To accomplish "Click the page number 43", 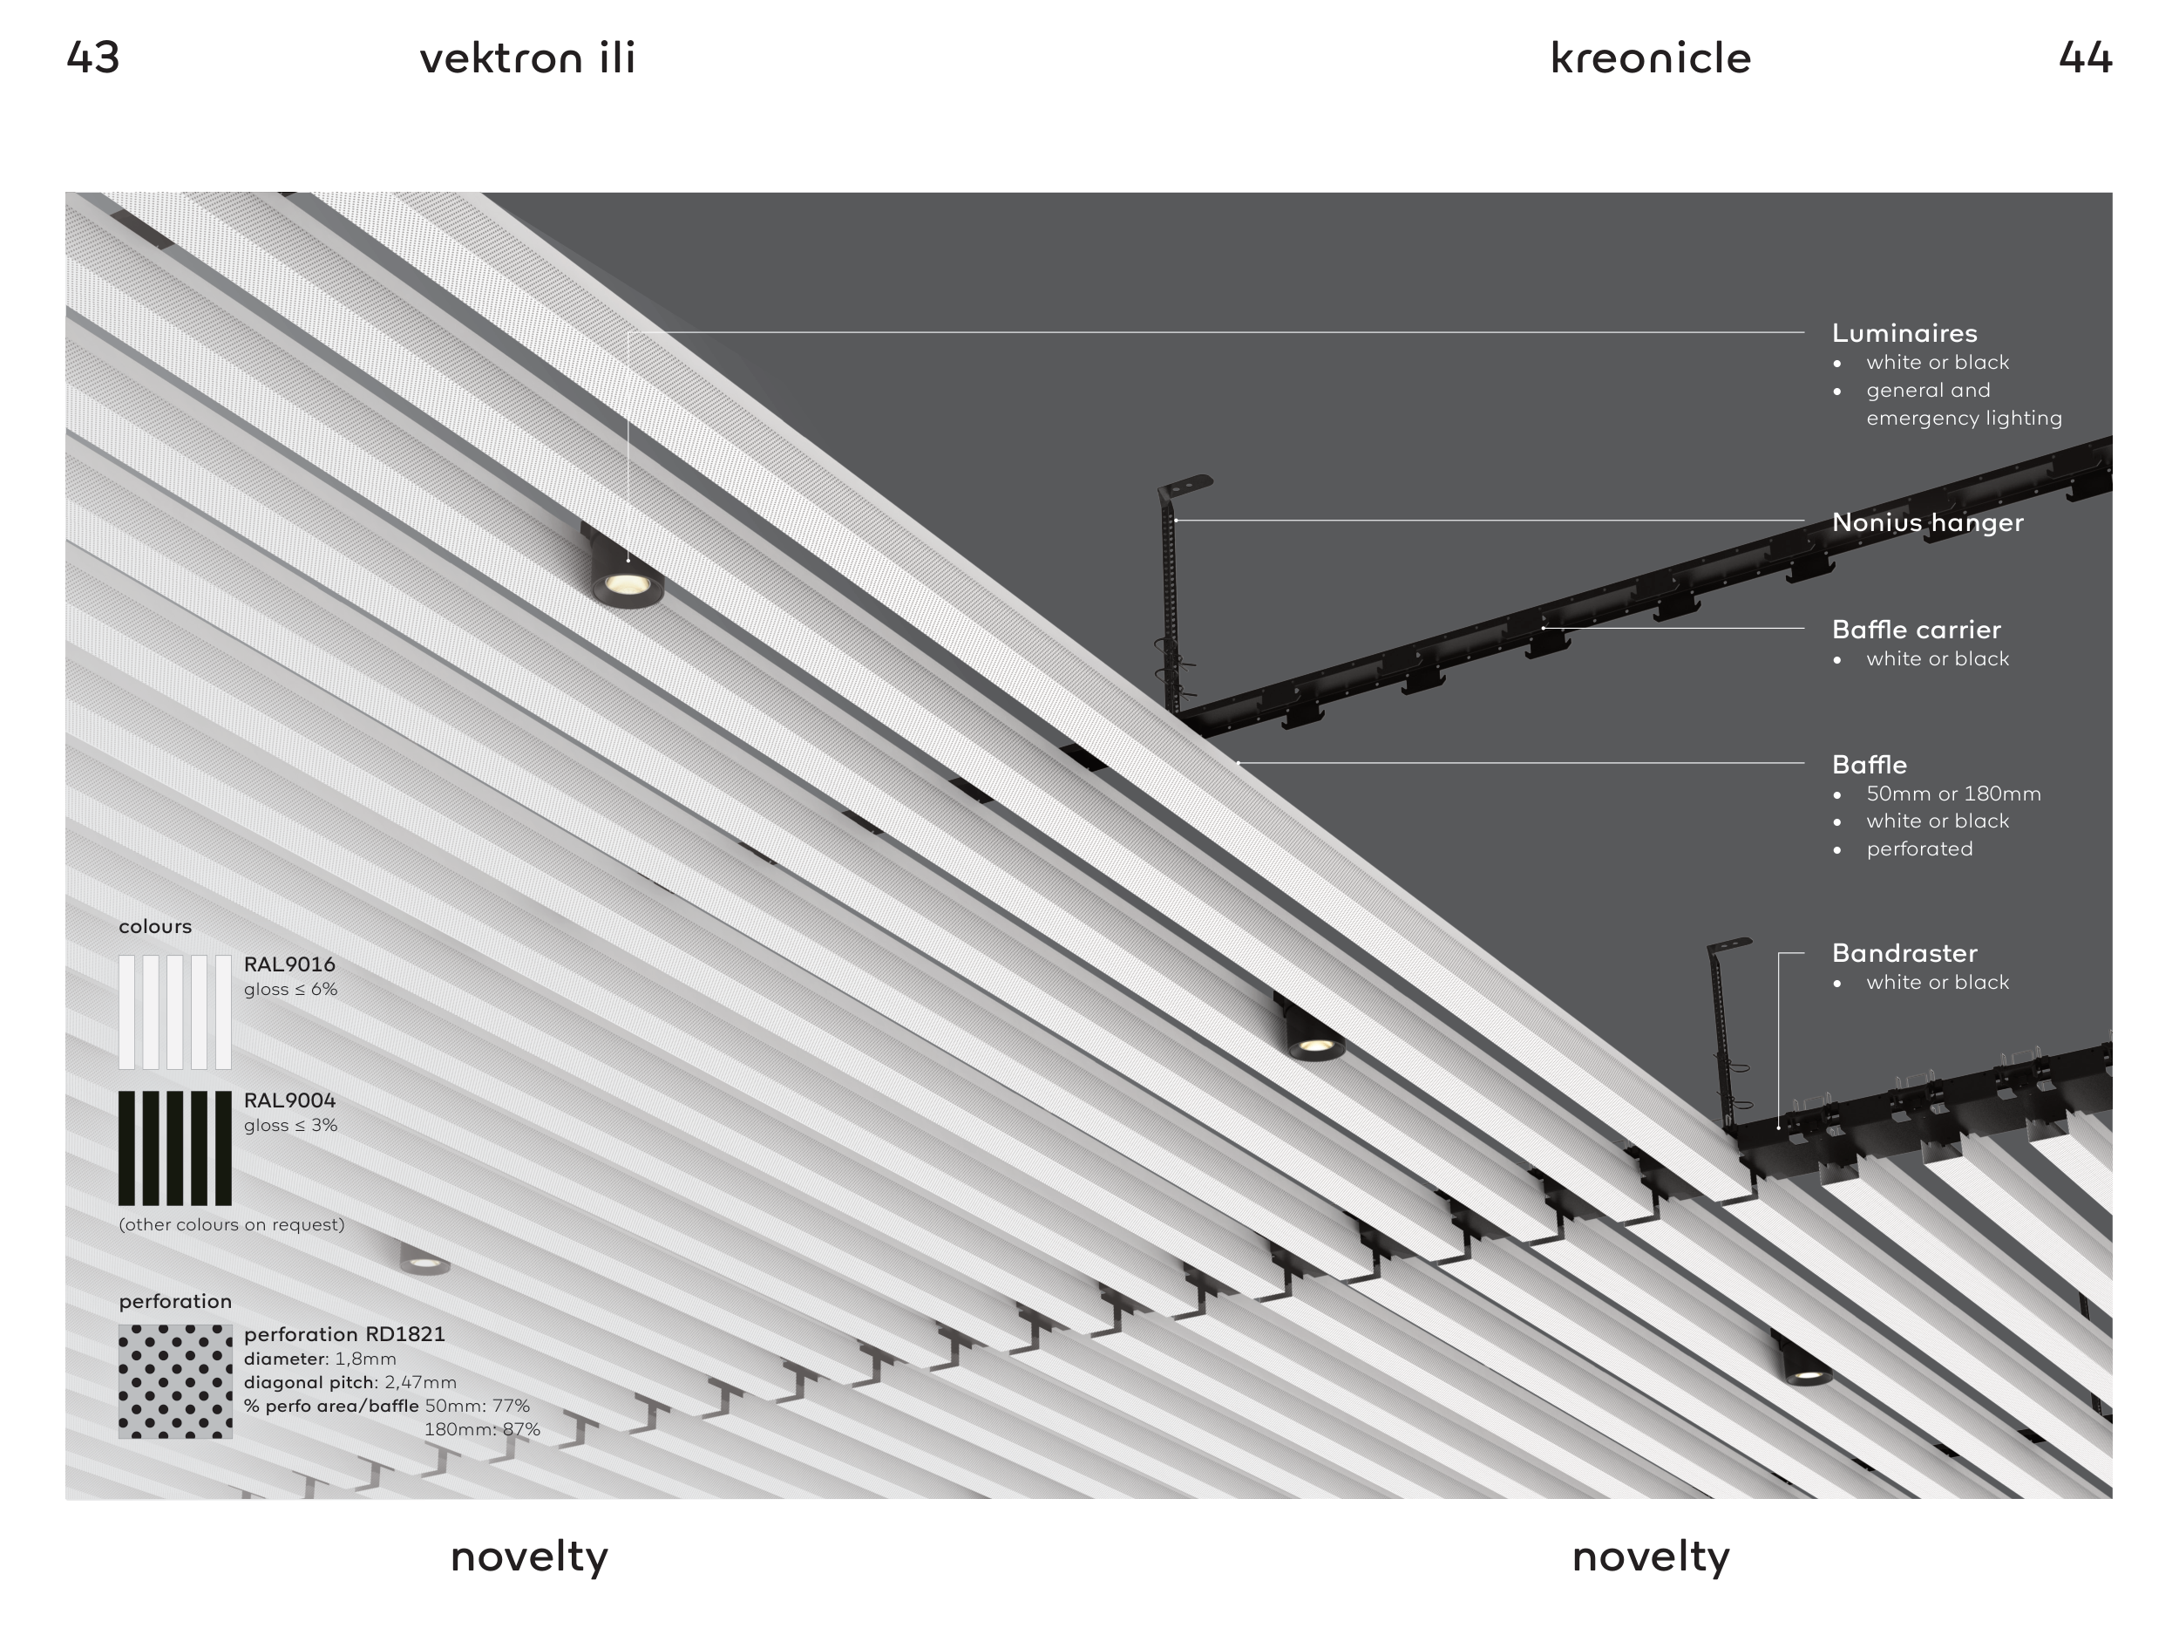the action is point(92,58).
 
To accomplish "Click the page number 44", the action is point(2086,58).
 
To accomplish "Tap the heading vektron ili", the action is point(528,58).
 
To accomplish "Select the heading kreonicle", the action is point(1651,58).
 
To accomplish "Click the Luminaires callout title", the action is point(1904,333).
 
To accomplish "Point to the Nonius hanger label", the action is point(1928,522).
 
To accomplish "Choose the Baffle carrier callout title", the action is point(1916,630).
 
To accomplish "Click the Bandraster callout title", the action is point(1904,953).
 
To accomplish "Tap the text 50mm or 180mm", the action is point(1953,794).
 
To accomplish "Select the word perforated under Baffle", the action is point(1919,848).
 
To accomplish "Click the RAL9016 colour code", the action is point(289,964).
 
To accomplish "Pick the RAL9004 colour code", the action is point(289,1100).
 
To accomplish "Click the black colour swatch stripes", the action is point(175,1148).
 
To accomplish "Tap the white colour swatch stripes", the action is point(175,1012).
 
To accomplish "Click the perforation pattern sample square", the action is point(175,1380).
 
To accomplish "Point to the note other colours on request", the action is point(232,1225).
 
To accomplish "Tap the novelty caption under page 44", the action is point(1651,1557).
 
